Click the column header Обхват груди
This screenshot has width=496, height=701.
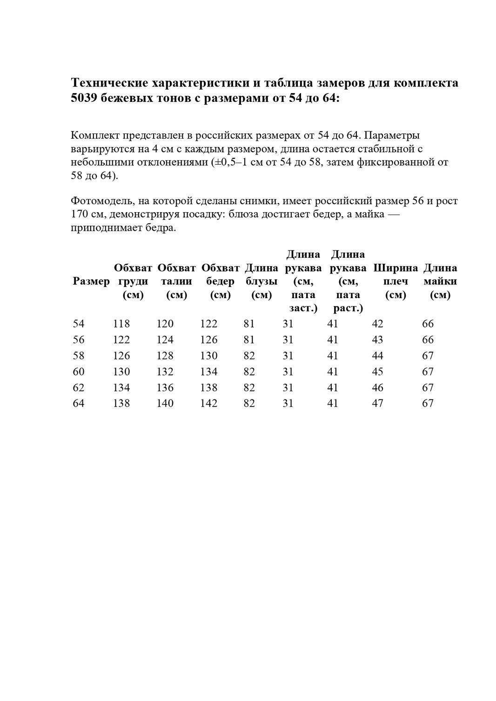pyautogui.click(x=133, y=281)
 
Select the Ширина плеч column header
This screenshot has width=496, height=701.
pyautogui.click(x=395, y=281)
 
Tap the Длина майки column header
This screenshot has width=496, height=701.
pyautogui.click(x=440, y=281)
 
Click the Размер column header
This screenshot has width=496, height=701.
pyautogui.click(x=91, y=281)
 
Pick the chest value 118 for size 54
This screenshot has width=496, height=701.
pyautogui.click(x=121, y=324)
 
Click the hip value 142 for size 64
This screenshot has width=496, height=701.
pyautogui.click(x=208, y=403)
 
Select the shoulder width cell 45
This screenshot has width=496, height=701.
pyautogui.click(x=377, y=372)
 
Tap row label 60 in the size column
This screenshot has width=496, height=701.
pyautogui.click(x=79, y=372)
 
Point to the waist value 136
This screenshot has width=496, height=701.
pyautogui.click(x=165, y=387)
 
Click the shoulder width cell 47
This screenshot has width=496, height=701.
pyautogui.click(x=377, y=403)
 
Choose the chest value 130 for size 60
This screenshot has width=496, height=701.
pyautogui.click(x=121, y=372)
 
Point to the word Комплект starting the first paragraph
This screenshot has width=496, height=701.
pyautogui.click(x=95, y=135)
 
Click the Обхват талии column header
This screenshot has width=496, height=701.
pyautogui.click(x=176, y=281)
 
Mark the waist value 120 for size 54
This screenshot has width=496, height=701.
pyautogui.click(x=165, y=324)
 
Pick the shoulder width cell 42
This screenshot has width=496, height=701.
pyautogui.click(x=377, y=324)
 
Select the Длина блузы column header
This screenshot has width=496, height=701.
pyautogui.click(x=261, y=281)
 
